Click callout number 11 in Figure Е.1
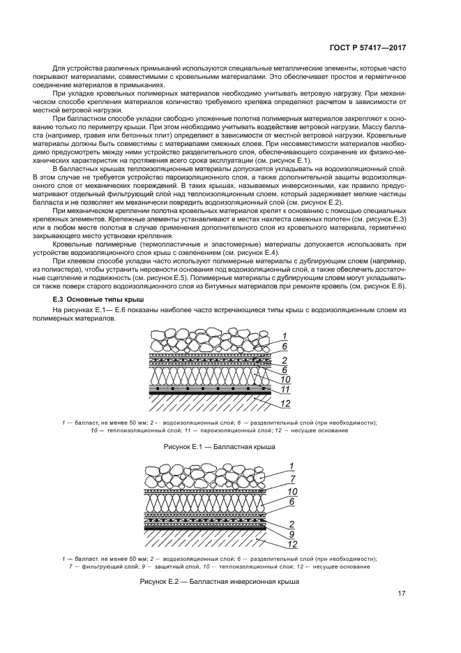(285, 389)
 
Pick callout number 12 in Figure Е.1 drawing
(285, 403)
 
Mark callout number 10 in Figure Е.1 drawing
(285, 379)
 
